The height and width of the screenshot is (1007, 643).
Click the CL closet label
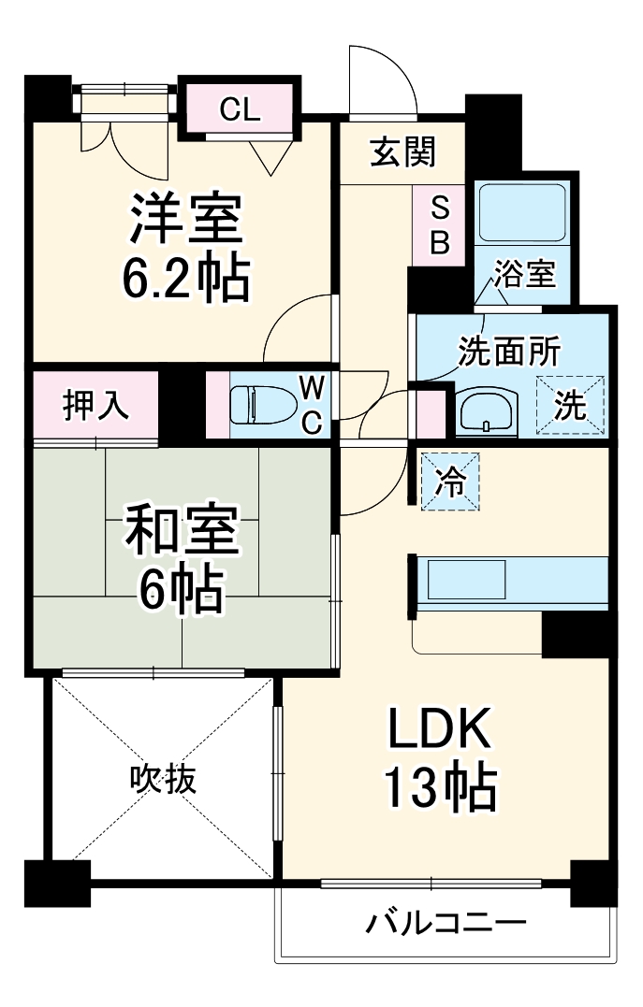click(x=240, y=110)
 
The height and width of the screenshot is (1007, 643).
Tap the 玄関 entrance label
click(x=402, y=151)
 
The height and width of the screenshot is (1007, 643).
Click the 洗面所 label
click(x=508, y=352)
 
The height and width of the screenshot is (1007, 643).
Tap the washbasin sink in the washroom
click(x=486, y=410)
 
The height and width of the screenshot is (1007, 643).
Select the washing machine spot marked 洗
click(x=570, y=407)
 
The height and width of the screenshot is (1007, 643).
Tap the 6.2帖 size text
click(x=186, y=276)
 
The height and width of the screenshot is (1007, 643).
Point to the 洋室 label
click(x=186, y=219)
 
